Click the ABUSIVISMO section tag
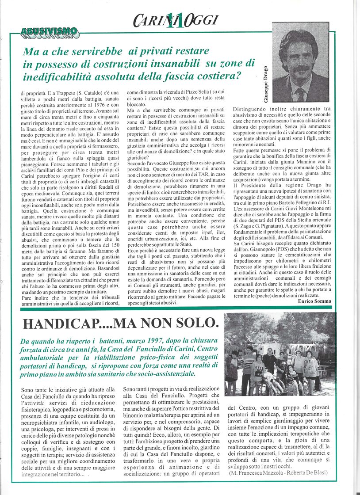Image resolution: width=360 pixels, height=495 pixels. point(49,32)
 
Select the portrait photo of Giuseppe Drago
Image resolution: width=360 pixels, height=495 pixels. point(300,63)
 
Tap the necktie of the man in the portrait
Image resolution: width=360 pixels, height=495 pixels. point(301,94)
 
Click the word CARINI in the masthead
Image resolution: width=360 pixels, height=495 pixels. point(149,19)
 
